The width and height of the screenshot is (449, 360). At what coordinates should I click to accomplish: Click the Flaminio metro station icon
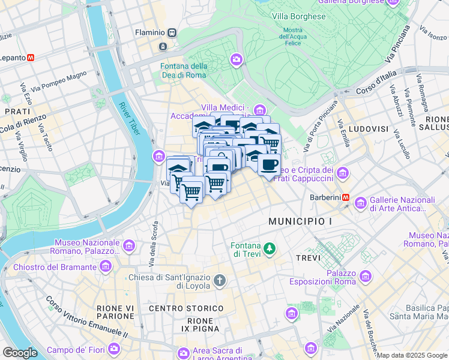tap(172, 32)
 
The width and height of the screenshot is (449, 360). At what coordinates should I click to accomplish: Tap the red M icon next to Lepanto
tap(30, 58)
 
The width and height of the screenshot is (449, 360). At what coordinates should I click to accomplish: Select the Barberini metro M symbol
tap(346, 197)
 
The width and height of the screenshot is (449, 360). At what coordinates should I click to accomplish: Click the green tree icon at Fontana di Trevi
tap(270, 247)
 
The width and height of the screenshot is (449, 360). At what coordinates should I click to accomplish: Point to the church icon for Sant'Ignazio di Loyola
tap(220, 280)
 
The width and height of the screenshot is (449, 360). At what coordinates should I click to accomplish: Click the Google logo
tap(19, 353)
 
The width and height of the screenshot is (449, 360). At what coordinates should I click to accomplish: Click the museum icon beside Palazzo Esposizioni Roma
tap(364, 277)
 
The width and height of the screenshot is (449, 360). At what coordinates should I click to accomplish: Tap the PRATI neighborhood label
tap(17, 112)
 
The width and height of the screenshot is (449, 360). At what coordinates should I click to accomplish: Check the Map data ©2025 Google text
tap(412, 355)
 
